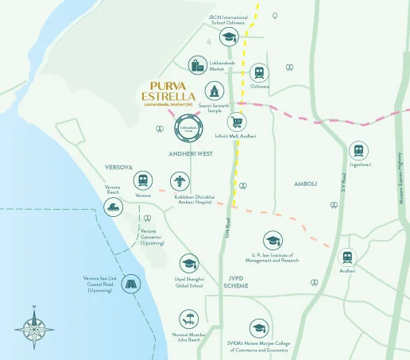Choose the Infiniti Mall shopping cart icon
(x=236, y=122)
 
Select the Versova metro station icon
(x=143, y=180)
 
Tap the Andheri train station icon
(x=347, y=257)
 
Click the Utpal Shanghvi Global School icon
(x=189, y=264)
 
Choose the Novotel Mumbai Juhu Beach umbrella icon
(x=189, y=320)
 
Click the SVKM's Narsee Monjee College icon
(x=258, y=327)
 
